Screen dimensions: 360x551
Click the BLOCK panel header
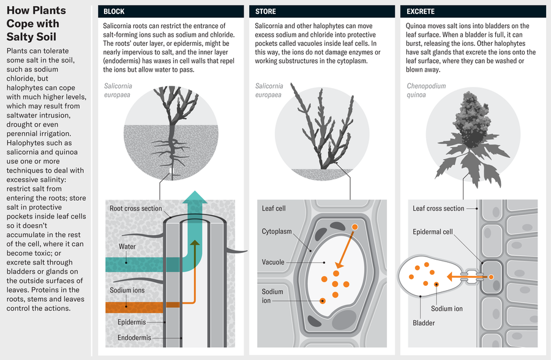click(x=116, y=11)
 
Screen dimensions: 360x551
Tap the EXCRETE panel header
click(x=421, y=11)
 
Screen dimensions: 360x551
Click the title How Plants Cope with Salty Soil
click(x=33, y=23)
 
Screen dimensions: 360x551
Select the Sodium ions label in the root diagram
click(x=126, y=290)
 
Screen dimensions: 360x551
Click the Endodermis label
click(x=136, y=337)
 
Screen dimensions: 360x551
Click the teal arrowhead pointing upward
click(x=195, y=198)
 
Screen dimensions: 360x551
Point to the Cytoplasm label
click(x=277, y=232)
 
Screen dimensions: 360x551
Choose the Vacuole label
click(x=273, y=262)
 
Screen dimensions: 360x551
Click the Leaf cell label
click(x=274, y=209)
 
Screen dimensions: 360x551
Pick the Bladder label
click(x=423, y=323)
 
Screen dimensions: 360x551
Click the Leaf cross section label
click(x=438, y=209)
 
